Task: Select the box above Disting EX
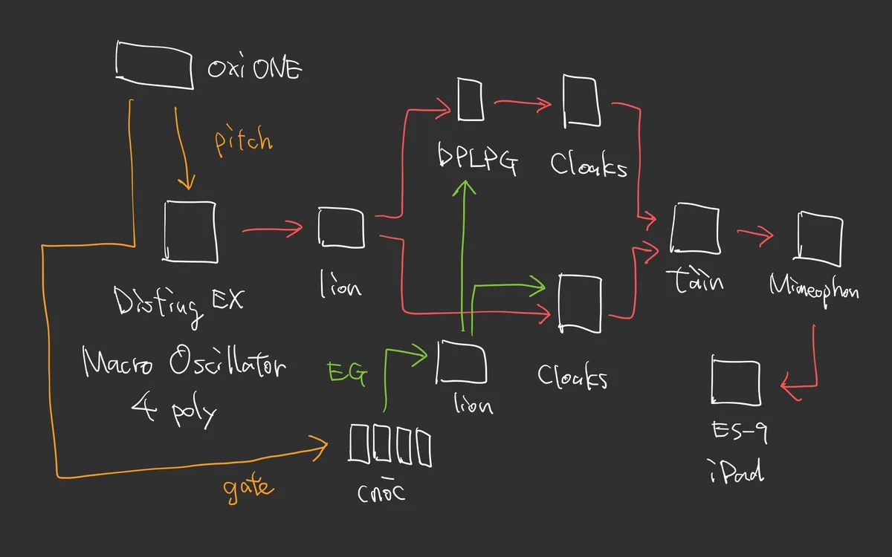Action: click(190, 231)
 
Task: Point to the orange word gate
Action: click(248, 487)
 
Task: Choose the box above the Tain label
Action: click(695, 230)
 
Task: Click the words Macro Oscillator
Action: click(183, 363)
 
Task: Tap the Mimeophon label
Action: click(814, 287)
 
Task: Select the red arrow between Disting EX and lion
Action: click(272, 231)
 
